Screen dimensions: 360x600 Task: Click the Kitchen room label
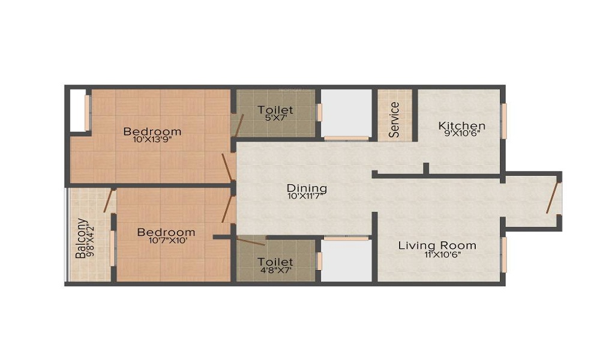click(x=461, y=125)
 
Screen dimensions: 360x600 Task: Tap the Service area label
click(x=394, y=119)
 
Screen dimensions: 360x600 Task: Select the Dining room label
click(x=306, y=187)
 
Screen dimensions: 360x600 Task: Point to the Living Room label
click(x=437, y=245)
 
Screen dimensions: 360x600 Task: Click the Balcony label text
click(x=80, y=238)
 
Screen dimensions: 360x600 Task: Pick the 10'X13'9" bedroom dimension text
click(x=152, y=140)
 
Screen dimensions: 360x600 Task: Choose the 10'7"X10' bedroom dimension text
click(x=166, y=241)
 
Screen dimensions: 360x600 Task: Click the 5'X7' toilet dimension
click(x=275, y=118)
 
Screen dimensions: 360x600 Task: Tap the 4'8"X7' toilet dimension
click(x=275, y=270)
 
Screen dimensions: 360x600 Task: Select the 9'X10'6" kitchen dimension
click(x=461, y=134)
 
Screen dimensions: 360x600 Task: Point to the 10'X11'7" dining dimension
click(x=306, y=196)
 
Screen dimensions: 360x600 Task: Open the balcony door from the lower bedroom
click(x=109, y=200)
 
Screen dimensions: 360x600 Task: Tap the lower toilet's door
click(x=251, y=242)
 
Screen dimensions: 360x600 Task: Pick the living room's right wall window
click(x=504, y=254)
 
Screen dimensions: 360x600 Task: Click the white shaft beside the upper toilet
click(x=346, y=113)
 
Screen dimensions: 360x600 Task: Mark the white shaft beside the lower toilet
click(x=346, y=261)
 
